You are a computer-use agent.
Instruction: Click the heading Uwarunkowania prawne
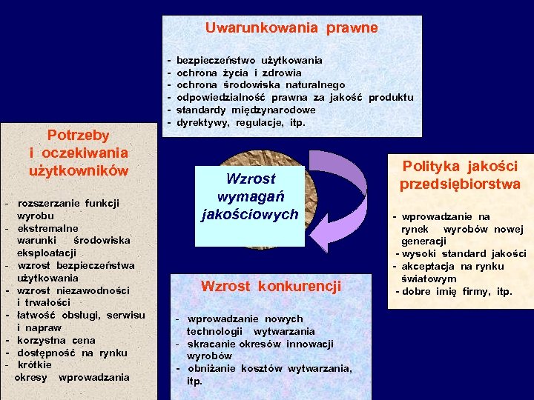click(291, 28)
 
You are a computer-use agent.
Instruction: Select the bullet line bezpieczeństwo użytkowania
click(249, 59)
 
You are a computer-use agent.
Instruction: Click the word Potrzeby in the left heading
click(78, 135)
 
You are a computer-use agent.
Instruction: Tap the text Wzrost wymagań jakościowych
click(250, 196)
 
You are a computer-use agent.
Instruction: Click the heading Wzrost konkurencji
click(271, 285)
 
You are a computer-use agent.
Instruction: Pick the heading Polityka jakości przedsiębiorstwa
click(460, 176)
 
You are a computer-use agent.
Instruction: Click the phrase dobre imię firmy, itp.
click(457, 291)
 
